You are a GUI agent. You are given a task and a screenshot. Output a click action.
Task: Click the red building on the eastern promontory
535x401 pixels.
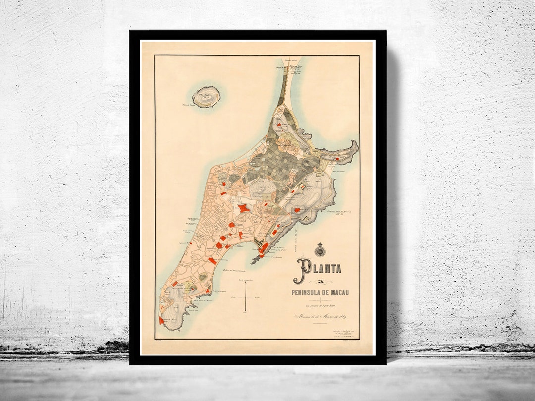click(337, 159)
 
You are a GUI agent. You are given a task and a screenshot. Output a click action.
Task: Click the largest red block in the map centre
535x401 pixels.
click(244, 209)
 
